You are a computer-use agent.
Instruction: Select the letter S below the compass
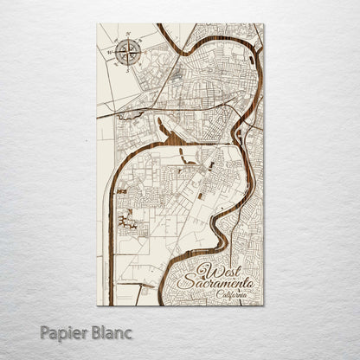126,66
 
